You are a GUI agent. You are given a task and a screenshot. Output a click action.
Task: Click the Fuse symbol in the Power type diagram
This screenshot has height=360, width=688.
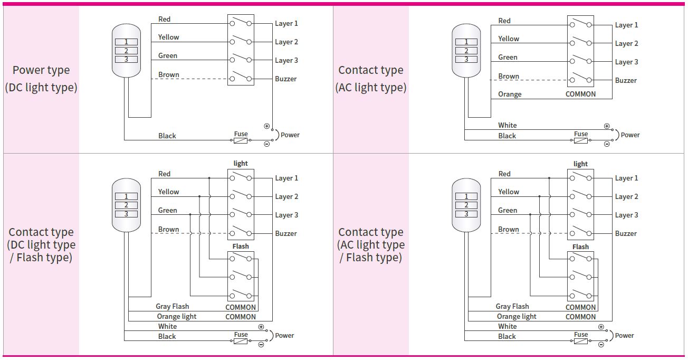241,141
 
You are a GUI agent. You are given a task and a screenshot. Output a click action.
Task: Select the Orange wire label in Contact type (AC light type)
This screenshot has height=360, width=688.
510,94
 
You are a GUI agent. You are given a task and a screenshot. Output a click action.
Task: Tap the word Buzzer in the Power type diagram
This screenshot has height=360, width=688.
285,79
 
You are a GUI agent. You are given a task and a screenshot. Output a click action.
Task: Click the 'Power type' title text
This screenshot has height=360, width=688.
41,70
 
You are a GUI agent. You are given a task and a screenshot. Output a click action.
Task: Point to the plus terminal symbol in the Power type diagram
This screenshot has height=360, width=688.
266,126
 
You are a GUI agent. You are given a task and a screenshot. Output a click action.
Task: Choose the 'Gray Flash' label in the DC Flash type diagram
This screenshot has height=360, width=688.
173,306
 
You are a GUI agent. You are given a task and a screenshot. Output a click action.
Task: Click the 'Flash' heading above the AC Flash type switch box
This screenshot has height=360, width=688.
580,247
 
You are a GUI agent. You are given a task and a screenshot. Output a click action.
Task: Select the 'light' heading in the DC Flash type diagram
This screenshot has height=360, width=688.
241,164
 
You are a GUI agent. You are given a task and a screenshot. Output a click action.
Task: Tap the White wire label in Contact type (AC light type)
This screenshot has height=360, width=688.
508,125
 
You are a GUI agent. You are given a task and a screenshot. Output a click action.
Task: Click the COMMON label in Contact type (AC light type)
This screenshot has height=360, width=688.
580,94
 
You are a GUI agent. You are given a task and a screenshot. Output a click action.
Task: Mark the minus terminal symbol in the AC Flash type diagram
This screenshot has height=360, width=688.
601,345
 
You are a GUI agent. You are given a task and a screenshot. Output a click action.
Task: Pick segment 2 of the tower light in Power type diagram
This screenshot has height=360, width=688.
126,51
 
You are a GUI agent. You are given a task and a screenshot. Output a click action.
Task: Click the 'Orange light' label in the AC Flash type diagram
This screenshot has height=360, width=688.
517,316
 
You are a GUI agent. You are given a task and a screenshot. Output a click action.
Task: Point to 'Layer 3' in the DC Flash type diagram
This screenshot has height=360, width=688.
286,215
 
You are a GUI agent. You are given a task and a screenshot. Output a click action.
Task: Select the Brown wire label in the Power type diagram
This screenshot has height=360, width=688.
169,74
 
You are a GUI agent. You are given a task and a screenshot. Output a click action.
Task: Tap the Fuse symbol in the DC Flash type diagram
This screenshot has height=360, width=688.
241,342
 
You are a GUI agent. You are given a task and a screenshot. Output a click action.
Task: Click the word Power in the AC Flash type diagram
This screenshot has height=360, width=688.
624,335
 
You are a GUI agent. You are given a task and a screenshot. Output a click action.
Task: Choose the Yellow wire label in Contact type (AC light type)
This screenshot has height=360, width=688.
509,39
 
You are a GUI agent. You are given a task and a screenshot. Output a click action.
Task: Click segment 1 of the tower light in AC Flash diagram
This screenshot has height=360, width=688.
466,196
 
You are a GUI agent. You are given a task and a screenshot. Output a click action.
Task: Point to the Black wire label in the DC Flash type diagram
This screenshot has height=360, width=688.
167,336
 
